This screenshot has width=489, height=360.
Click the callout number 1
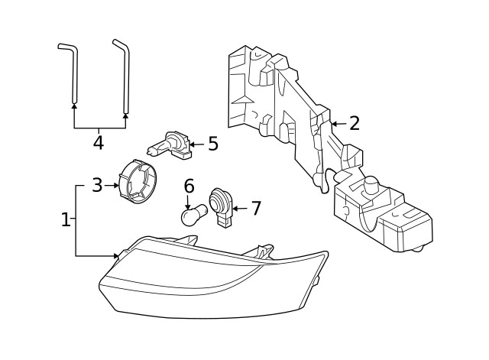(x=66, y=220)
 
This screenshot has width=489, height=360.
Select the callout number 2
(x=354, y=123)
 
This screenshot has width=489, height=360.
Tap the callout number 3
(x=97, y=185)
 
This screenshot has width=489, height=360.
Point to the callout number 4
(x=99, y=142)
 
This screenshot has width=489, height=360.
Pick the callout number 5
(x=212, y=143)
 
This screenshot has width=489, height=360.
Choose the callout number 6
(x=189, y=186)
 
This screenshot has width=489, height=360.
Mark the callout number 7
(x=255, y=208)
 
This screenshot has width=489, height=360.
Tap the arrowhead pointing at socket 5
(x=191, y=143)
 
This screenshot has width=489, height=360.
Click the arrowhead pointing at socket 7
(x=235, y=208)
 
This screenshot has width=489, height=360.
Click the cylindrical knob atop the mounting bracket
(x=371, y=185)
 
